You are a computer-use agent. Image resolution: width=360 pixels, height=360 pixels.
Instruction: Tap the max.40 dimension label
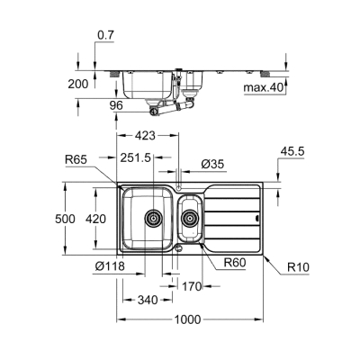coord(264,88)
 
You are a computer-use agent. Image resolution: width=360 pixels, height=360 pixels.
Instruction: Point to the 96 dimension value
coord(116,104)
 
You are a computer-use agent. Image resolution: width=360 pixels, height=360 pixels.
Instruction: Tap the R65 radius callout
coord(76,160)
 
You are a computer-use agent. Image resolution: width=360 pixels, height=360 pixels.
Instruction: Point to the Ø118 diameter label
coord(109,266)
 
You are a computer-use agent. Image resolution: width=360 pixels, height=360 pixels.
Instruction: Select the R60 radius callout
coord(236,262)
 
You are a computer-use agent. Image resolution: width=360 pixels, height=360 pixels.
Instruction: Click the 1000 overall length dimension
coord(186,319)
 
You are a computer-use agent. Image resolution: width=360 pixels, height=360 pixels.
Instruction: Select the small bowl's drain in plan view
coord(190,217)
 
